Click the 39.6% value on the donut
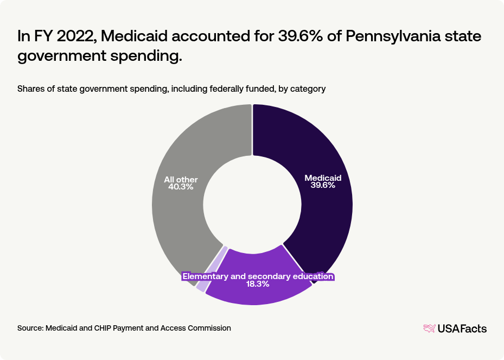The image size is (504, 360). tap(323, 185)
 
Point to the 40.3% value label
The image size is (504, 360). tap(181, 187)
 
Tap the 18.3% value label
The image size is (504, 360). tap(258, 285)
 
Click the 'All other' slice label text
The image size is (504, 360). tap(181, 179)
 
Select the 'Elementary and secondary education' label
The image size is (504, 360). tap(258, 276)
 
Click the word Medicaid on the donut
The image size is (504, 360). tap(323, 178)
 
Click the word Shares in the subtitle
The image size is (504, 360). tap(30, 89)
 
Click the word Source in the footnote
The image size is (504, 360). tap(30, 328)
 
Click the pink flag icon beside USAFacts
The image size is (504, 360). tap(430, 328)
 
